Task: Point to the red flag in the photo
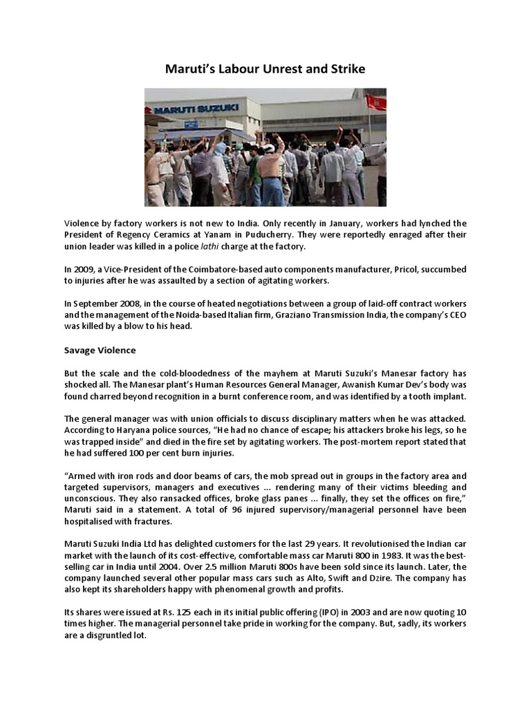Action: [376, 103]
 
